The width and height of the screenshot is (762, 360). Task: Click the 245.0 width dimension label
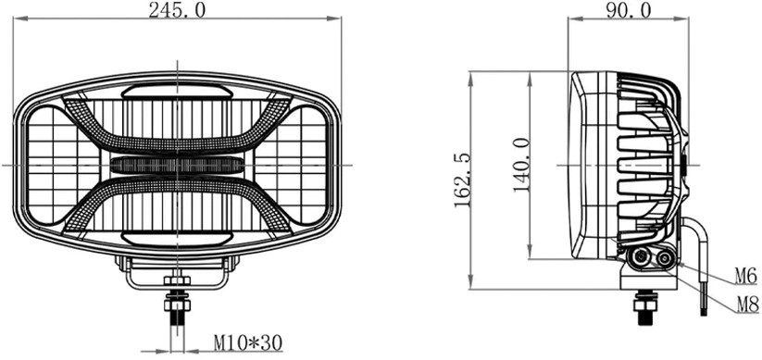pyautogui.click(x=178, y=9)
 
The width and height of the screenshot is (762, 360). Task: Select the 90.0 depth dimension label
pyautogui.click(x=628, y=9)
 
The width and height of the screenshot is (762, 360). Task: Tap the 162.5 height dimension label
pyautogui.click(x=463, y=180)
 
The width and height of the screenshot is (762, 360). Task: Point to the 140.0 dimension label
pyautogui.click(x=521, y=165)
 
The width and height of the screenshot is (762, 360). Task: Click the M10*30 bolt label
pyautogui.click(x=248, y=343)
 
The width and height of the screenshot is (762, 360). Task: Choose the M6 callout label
pyautogui.click(x=746, y=276)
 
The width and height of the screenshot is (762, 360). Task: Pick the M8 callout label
pyautogui.click(x=747, y=304)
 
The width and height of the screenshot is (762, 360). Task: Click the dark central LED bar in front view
pyautogui.click(x=178, y=166)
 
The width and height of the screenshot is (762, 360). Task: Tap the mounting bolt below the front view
pyautogui.click(x=178, y=307)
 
